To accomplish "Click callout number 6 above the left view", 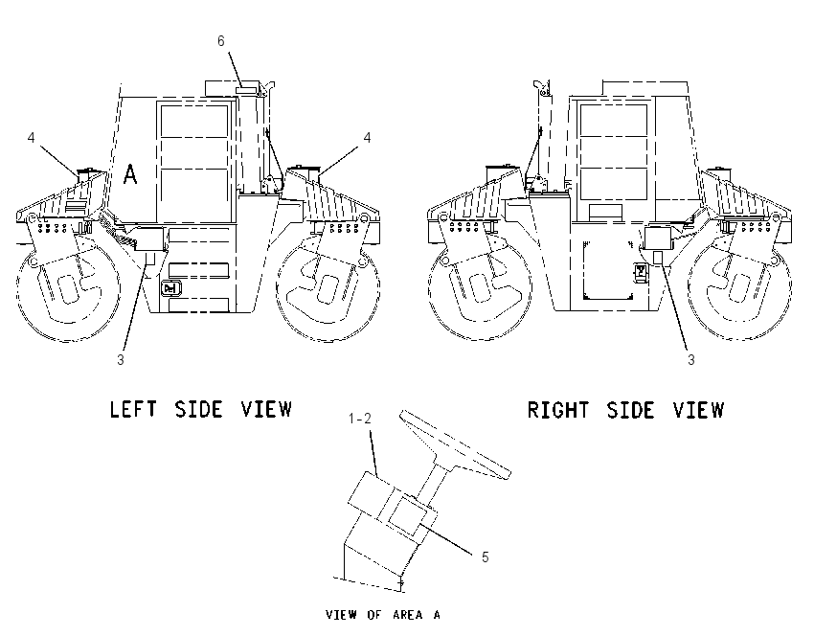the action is tap(221, 40).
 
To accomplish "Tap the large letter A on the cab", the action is tap(130, 174).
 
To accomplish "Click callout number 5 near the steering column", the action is tap(485, 557).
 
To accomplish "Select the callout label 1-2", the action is tap(360, 418).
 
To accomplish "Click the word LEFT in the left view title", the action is tap(133, 409).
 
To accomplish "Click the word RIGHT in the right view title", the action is tap(558, 410).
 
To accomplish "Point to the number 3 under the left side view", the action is tap(121, 359).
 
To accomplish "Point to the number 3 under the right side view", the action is tap(691, 359).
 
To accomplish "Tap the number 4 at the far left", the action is tap(32, 138).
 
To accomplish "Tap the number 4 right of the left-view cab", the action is tap(367, 138).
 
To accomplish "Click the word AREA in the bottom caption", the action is tap(408, 615).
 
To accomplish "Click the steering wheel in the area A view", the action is tap(455, 443).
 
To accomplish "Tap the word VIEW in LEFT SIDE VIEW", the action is tap(266, 409).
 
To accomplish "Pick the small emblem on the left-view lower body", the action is tap(170, 288).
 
